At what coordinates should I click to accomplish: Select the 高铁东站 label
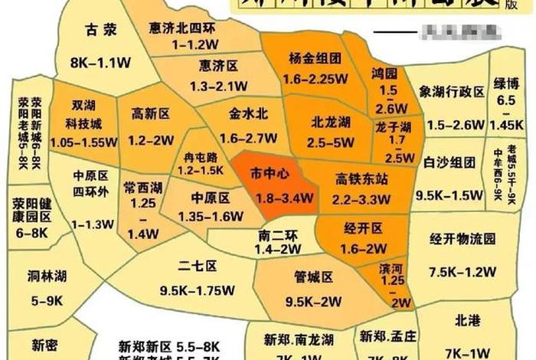[x=361, y=178]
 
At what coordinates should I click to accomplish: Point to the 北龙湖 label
[x=331, y=121]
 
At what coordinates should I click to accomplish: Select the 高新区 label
[x=150, y=115]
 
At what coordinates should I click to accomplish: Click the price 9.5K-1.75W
[x=197, y=290]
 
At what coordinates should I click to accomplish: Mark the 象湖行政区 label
[x=452, y=92]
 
